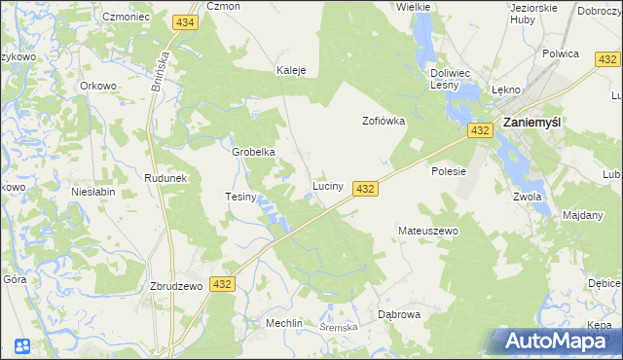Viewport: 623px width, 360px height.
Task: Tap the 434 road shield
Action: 185,21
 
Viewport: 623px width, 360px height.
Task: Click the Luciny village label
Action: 326,185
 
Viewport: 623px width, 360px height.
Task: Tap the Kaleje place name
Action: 291,71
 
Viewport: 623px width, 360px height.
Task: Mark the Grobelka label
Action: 254,153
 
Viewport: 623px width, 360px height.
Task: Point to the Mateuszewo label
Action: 427,231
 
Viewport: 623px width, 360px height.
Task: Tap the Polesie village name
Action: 449,171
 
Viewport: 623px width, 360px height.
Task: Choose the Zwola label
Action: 527,197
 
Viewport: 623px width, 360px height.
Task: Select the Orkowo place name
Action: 98,85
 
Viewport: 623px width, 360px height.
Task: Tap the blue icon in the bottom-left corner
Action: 21,345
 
